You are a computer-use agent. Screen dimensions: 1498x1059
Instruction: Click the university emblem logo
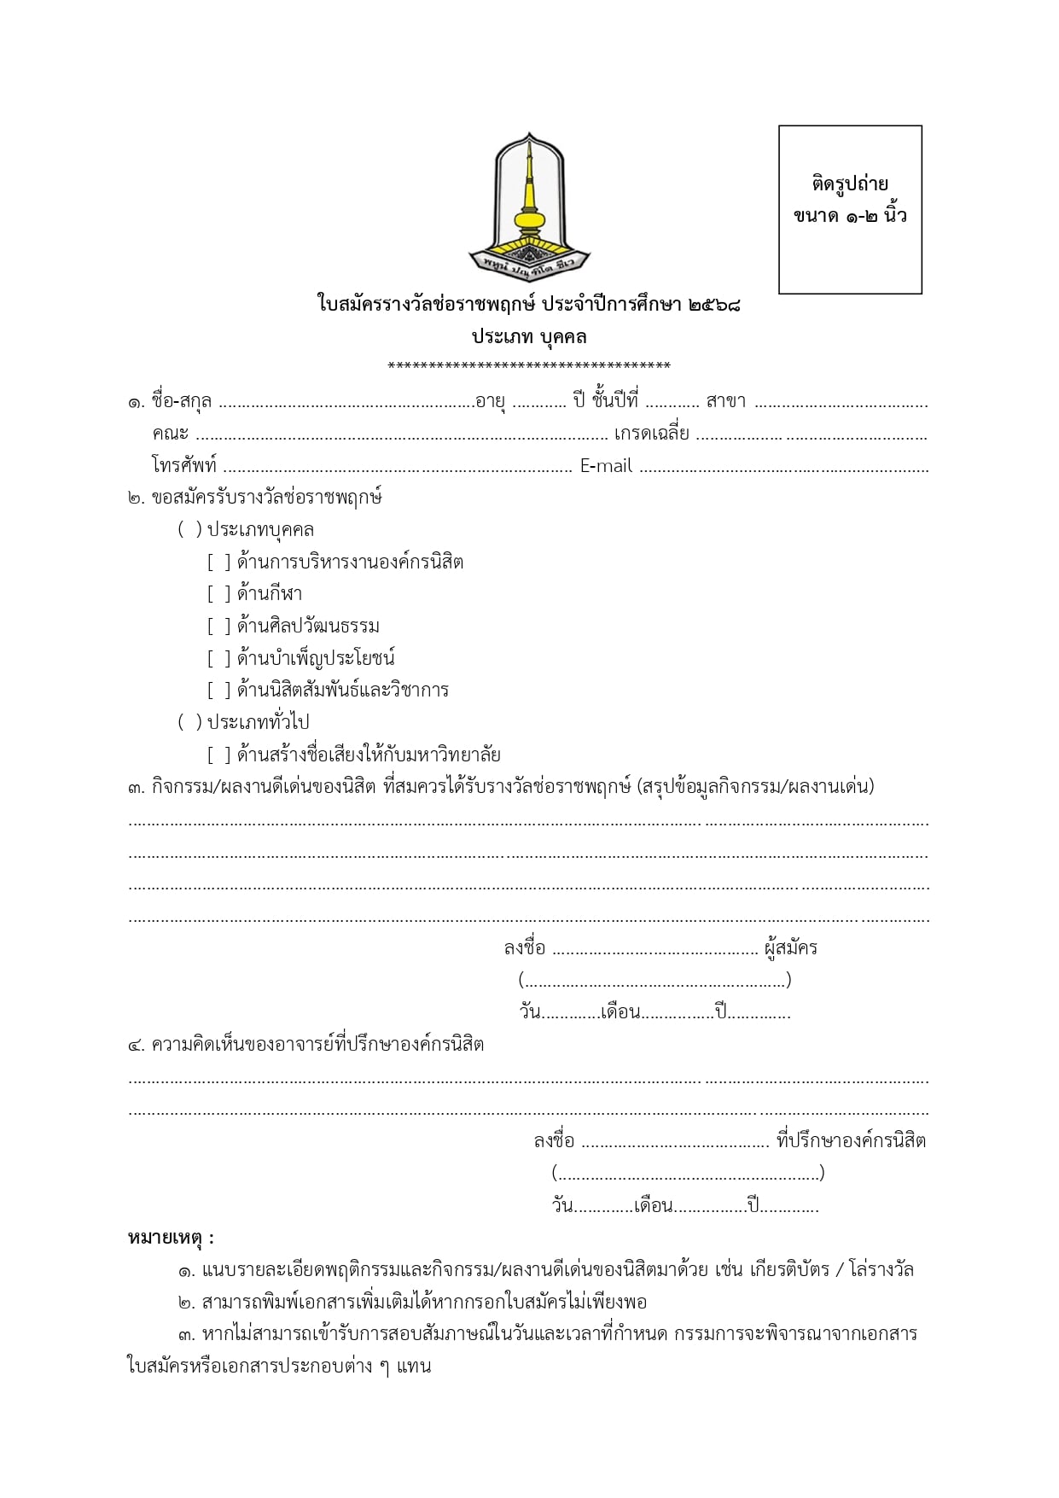click(x=529, y=205)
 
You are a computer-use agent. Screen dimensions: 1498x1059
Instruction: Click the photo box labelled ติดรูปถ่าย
click(x=850, y=209)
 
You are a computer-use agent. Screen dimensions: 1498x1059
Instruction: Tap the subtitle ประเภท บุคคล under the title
click(x=529, y=336)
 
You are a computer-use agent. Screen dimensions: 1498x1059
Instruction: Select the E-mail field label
click(x=606, y=466)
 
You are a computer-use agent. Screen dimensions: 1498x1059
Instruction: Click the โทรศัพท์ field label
click(x=184, y=466)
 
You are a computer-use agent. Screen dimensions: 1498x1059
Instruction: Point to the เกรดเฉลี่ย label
click(x=651, y=434)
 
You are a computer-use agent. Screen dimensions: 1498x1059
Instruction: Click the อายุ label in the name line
click(x=490, y=401)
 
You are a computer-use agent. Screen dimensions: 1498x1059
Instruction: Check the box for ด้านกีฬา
click(x=218, y=594)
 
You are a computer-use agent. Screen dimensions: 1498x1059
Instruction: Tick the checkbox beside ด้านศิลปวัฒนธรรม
click(x=218, y=627)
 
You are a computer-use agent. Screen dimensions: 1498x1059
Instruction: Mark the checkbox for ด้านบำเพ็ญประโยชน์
click(x=218, y=658)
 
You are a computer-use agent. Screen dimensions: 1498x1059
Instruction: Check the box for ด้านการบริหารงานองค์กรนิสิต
click(x=218, y=562)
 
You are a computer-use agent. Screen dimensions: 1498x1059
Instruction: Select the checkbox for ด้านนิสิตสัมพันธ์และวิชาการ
click(x=218, y=690)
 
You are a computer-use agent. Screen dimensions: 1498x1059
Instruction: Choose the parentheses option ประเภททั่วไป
click(x=189, y=722)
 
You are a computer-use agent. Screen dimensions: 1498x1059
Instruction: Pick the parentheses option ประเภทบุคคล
click(x=189, y=530)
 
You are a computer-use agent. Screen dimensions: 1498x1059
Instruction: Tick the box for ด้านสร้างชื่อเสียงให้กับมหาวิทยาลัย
click(x=218, y=755)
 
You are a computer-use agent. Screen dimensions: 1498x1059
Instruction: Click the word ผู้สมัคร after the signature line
click(x=791, y=947)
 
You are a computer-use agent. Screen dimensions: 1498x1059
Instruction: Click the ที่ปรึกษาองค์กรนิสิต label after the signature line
click(x=851, y=1140)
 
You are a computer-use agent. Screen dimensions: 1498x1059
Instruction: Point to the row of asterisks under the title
click(x=529, y=367)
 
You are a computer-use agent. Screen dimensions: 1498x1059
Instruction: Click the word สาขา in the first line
click(x=725, y=401)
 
